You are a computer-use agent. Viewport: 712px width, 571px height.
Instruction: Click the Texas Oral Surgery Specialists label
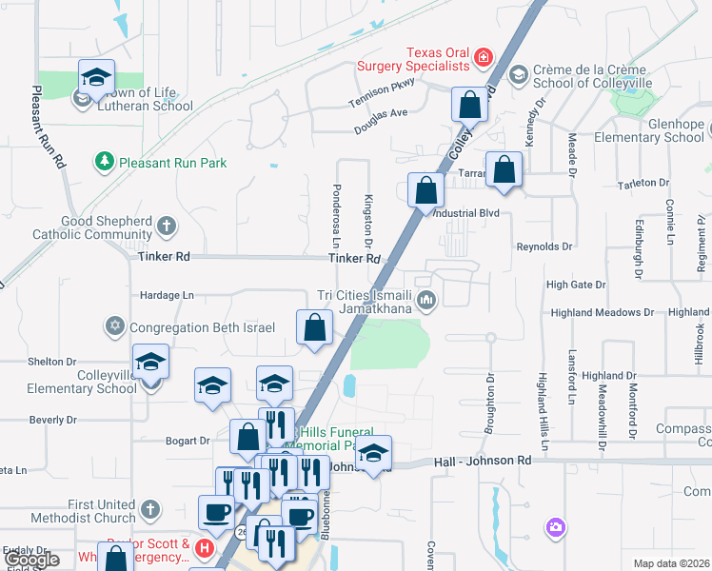(x=414, y=59)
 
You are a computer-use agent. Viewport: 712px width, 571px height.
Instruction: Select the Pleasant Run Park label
(x=172, y=163)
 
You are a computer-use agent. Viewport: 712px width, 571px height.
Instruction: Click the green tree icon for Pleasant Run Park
(x=104, y=162)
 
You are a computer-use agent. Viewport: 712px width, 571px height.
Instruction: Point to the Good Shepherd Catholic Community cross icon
(x=167, y=226)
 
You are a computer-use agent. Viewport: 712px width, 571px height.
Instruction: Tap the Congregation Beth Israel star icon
(x=115, y=327)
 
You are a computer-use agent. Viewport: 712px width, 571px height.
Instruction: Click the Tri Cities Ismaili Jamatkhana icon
(x=426, y=302)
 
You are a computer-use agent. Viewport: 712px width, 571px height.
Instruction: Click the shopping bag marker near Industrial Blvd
(x=425, y=190)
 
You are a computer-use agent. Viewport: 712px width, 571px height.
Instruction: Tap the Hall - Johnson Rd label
(x=483, y=462)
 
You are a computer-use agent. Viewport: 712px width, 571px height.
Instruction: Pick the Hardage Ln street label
(x=167, y=296)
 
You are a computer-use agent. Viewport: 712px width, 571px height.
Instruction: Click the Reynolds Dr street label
(x=544, y=246)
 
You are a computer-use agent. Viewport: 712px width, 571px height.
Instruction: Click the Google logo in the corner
(x=31, y=560)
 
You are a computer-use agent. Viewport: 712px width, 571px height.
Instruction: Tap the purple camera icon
(x=555, y=526)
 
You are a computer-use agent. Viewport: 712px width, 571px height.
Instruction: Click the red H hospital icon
(x=205, y=547)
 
